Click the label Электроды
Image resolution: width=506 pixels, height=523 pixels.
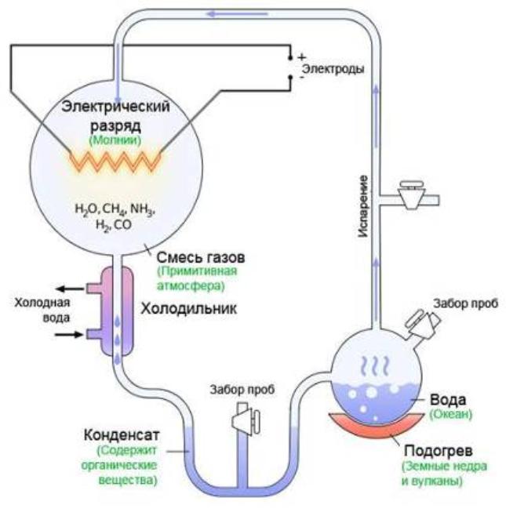[333, 69]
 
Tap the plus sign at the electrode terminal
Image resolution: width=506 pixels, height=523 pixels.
[299, 57]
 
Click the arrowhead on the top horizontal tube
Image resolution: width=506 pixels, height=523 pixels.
[213, 13]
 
